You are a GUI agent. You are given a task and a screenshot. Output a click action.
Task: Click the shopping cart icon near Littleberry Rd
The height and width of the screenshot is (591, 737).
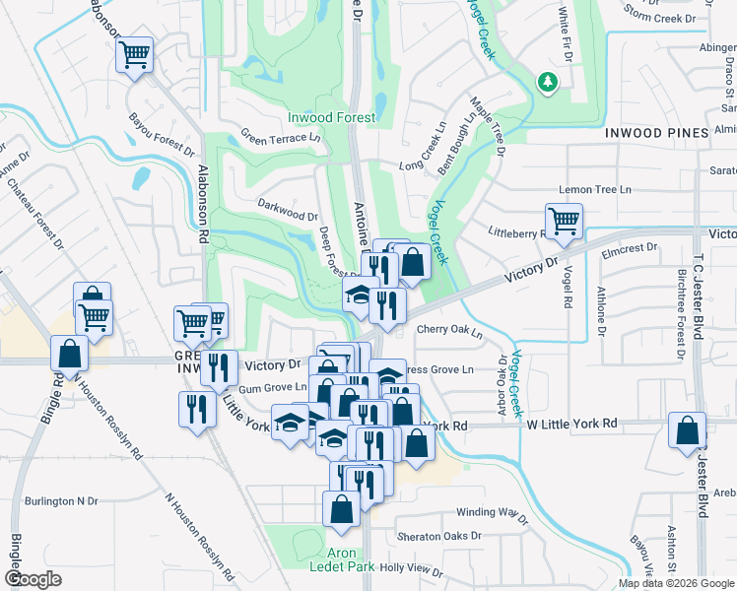[x=564, y=221]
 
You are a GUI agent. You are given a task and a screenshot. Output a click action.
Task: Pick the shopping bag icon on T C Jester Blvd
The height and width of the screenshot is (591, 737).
[x=687, y=430]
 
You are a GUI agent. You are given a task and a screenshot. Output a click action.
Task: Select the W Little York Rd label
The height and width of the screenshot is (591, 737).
[x=571, y=424]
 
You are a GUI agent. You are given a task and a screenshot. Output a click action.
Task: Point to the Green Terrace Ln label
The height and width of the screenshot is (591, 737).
[x=281, y=138]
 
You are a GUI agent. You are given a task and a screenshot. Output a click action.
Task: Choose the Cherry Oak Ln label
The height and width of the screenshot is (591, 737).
[x=449, y=332]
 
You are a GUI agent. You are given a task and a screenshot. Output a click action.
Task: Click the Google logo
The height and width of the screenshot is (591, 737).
[x=33, y=579]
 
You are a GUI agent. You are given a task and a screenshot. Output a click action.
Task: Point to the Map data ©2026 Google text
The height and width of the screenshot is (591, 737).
[x=675, y=582]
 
